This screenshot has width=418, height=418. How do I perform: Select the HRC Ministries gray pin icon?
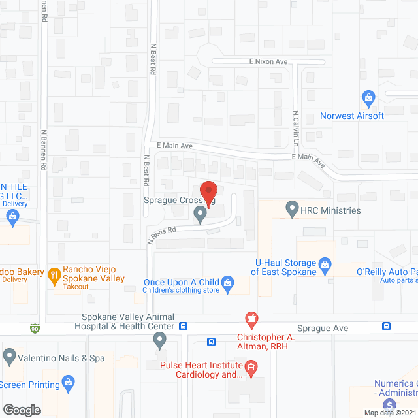pyautogui.click(x=292, y=210)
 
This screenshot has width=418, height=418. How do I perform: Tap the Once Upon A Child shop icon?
pyautogui.click(x=227, y=283)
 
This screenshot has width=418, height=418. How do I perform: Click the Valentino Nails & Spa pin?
pyautogui.click(x=9, y=357)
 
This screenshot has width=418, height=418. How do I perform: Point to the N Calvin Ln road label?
pyautogui.click(x=296, y=127)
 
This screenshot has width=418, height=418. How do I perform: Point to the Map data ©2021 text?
pyautogui.click(x=389, y=413)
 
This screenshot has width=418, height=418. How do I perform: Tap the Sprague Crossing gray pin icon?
pyautogui.click(x=200, y=214)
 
